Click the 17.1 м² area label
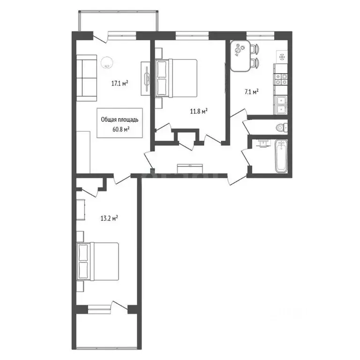click(x=120, y=84)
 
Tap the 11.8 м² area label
click(x=199, y=111)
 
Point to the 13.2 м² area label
click(x=108, y=217)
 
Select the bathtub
click(x=281, y=156)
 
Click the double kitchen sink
click(x=281, y=104)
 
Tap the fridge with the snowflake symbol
click(x=282, y=57)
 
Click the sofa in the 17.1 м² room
click(x=86, y=78)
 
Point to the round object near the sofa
click(x=108, y=60)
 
